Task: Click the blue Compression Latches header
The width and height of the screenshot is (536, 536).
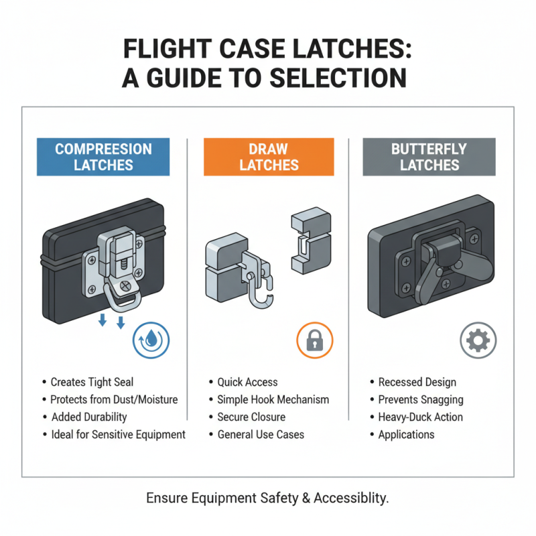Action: pyautogui.click(x=103, y=157)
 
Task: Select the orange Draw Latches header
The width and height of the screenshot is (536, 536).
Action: pyautogui.click(x=269, y=157)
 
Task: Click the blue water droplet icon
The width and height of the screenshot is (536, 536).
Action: pyautogui.click(x=151, y=340)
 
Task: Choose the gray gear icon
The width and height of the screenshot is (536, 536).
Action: pyautogui.click(x=478, y=340)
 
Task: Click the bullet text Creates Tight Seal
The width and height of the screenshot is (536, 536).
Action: pyautogui.click(x=92, y=382)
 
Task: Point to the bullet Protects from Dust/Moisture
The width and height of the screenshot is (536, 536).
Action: pyautogui.click(x=114, y=399)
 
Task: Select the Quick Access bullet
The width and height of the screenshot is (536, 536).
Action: pyautogui.click(x=247, y=382)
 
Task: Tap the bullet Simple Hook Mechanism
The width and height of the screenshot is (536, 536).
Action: pyautogui.click(x=273, y=399)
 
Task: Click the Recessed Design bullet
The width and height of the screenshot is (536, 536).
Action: pyautogui.click(x=417, y=382)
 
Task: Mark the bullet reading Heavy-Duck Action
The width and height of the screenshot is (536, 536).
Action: pyautogui.click(x=420, y=417)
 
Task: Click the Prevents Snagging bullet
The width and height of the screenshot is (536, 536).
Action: pyautogui.click(x=420, y=399)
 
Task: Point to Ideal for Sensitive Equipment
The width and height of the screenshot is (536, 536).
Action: pyautogui.click(x=118, y=434)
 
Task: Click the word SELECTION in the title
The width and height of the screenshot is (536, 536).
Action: pyautogui.click(x=339, y=78)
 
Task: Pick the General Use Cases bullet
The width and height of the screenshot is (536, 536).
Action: pyautogui.click(x=261, y=434)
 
